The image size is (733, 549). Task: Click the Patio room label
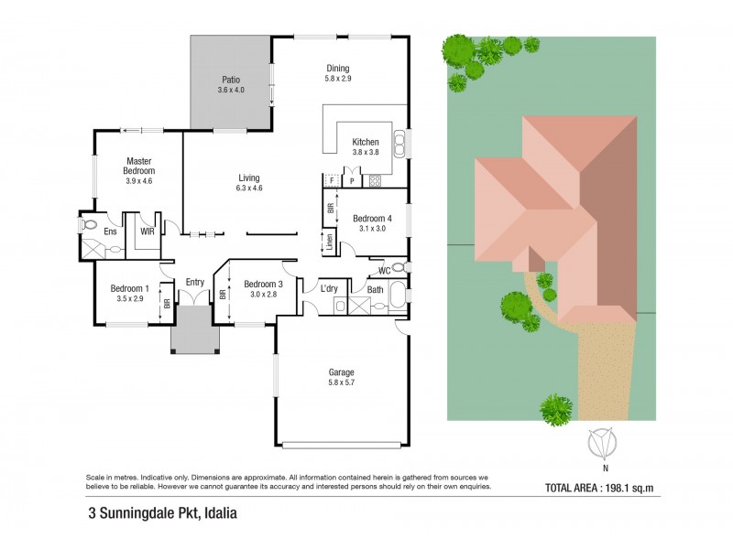[x=230, y=80]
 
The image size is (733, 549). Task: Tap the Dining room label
[x=338, y=69]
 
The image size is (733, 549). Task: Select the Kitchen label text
[x=366, y=142]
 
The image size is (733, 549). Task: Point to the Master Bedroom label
[x=140, y=166]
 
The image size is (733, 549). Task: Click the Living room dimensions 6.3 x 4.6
[x=249, y=188]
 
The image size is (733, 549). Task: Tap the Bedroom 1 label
[x=131, y=288]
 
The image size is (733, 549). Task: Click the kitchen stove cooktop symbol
[x=375, y=181]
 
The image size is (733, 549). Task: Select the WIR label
[x=147, y=231]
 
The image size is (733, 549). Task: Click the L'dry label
[x=330, y=289]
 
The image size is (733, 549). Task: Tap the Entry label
[x=195, y=282]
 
